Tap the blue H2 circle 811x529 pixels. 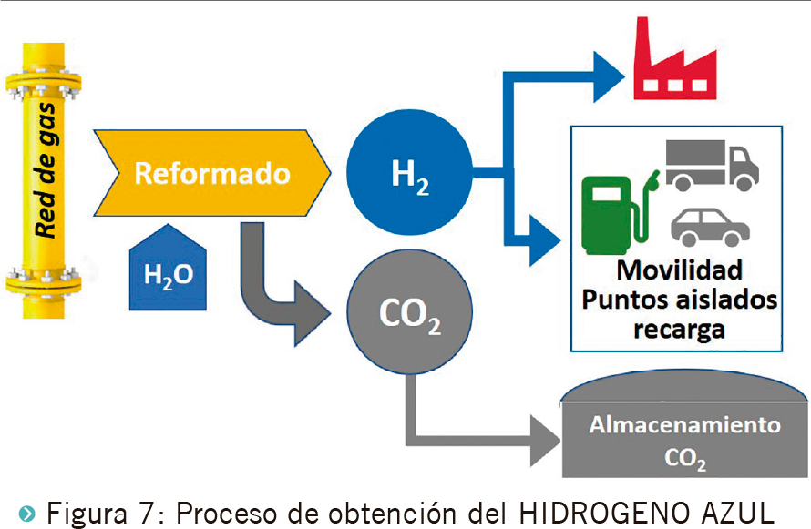(410, 173)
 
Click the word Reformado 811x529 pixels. (212, 173)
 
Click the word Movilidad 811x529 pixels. (679, 270)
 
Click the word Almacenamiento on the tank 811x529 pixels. (684, 425)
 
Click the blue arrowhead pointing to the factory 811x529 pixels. (606, 75)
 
